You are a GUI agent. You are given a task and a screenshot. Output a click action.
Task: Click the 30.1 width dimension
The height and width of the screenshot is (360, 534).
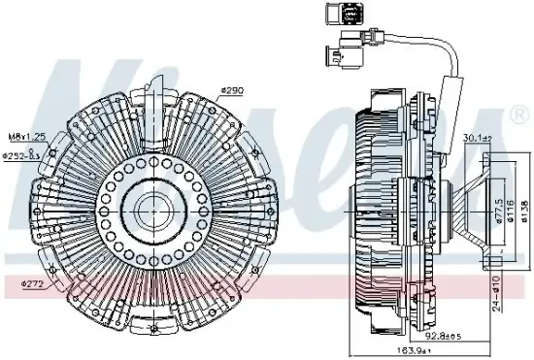coord(477,138)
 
